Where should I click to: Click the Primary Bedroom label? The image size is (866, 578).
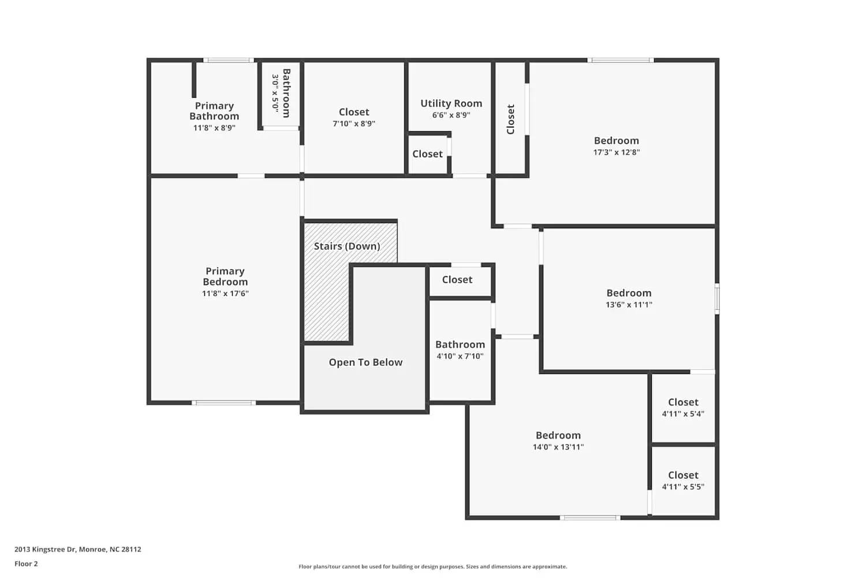click(225, 276)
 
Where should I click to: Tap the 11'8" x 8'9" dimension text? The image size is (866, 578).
click(214, 128)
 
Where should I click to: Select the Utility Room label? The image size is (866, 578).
click(451, 103)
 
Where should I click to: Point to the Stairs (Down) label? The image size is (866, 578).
click(347, 246)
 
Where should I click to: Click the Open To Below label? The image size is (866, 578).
click(365, 362)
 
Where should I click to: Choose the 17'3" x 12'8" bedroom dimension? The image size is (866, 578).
click(617, 153)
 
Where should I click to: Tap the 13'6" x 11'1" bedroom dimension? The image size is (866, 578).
click(629, 305)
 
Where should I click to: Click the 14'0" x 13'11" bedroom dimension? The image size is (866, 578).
click(558, 447)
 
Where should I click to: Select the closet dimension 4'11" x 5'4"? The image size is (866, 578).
click(683, 414)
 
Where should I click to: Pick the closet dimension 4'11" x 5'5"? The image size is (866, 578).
click(683, 487)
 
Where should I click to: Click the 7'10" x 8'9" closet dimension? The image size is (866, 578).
click(354, 124)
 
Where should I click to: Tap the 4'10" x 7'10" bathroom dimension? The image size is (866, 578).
click(460, 356)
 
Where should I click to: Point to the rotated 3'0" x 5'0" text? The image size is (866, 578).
click(275, 92)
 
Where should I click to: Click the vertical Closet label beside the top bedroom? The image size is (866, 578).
click(510, 119)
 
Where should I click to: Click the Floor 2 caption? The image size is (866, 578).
click(26, 564)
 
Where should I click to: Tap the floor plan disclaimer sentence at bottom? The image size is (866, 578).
click(432, 566)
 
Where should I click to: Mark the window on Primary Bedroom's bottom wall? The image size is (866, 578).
click(223, 402)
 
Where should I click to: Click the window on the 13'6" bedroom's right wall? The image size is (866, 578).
click(717, 298)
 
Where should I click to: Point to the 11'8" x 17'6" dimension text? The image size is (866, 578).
click(225, 294)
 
